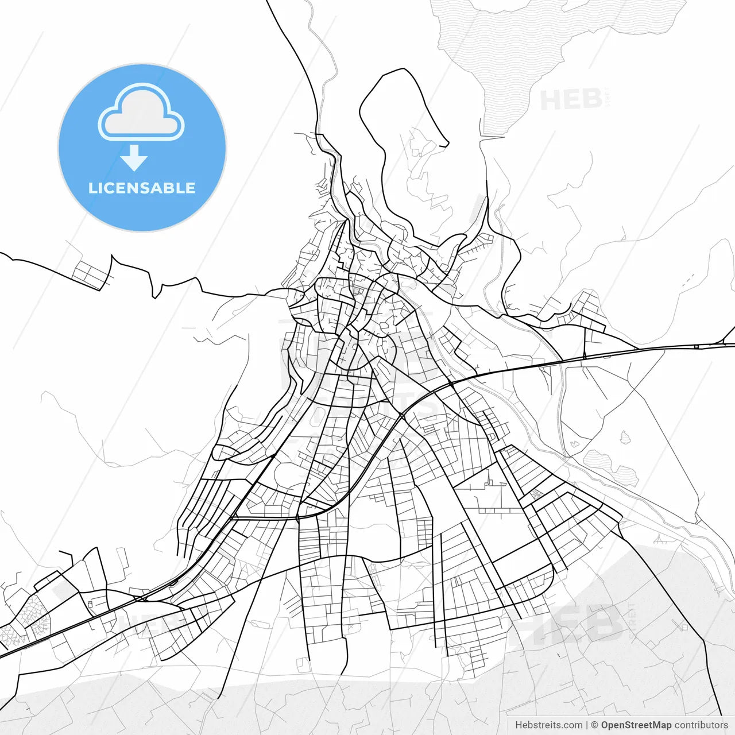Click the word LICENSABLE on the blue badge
(142, 188)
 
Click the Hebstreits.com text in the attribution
(548, 725)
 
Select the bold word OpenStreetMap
(636, 725)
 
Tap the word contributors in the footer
(701, 725)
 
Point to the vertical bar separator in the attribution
(586, 725)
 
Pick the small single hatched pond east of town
(625, 438)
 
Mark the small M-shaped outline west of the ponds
(574, 443)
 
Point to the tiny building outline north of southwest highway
(91, 604)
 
